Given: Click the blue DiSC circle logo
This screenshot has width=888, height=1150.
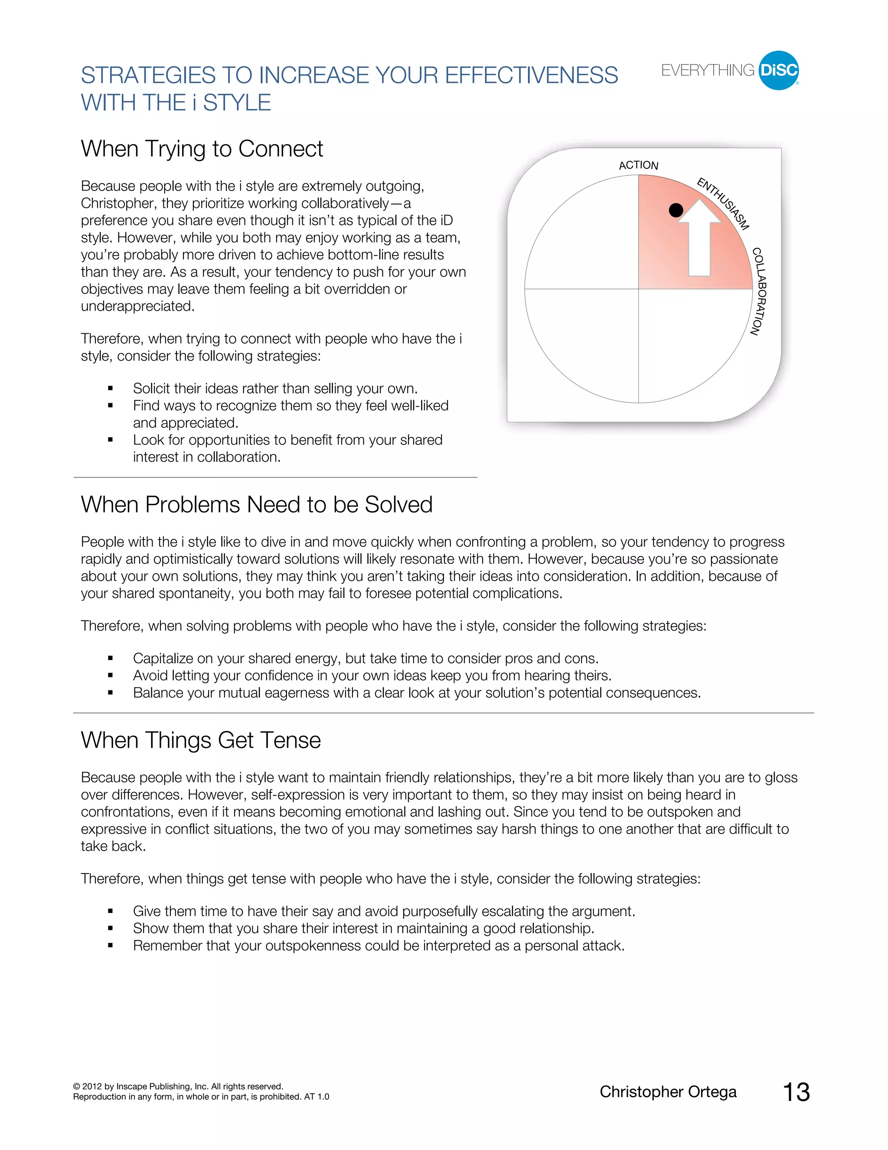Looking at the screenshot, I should (x=779, y=71).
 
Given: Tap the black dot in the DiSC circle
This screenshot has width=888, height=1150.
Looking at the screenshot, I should (x=676, y=210).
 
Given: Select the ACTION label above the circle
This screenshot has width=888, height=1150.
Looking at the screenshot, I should (x=638, y=165).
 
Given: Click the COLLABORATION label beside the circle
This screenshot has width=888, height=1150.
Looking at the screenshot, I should (x=759, y=291).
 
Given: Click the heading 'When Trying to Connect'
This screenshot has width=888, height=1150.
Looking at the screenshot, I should (x=202, y=149).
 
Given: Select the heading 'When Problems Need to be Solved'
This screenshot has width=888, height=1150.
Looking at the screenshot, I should (x=256, y=504).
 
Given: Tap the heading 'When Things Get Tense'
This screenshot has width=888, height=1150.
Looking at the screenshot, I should (x=200, y=740).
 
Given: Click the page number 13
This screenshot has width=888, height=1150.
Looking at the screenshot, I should (x=796, y=1092).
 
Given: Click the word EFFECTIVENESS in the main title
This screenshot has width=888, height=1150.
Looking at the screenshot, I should (x=531, y=76).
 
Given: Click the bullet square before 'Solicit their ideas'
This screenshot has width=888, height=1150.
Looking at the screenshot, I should (x=111, y=388).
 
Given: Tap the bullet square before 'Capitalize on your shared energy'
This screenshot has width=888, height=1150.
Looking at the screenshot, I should (x=111, y=658).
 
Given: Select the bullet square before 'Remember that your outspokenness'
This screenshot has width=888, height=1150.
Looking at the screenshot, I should (x=111, y=946).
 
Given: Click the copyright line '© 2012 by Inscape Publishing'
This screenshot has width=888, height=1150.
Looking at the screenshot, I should (x=178, y=1086).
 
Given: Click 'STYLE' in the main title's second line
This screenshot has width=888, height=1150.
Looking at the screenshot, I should (x=237, y=103).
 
